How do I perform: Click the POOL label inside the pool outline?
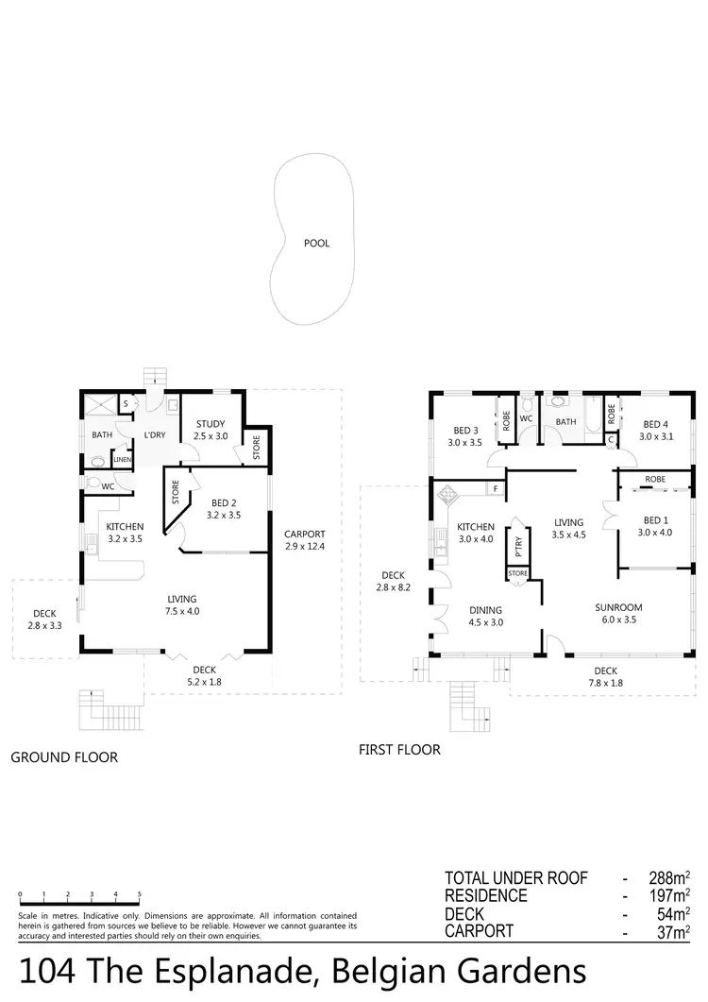tap(316, 244)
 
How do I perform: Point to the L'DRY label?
tap(154, 435)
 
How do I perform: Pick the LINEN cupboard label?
tap(123, 460)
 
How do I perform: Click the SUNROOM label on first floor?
tap(618, 607)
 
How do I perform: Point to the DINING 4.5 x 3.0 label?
tap(485, 616)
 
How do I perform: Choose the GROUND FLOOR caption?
tap(64, 757)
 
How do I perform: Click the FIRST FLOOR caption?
tap(399, 750)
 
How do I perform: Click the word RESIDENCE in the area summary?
tap(486, 896)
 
